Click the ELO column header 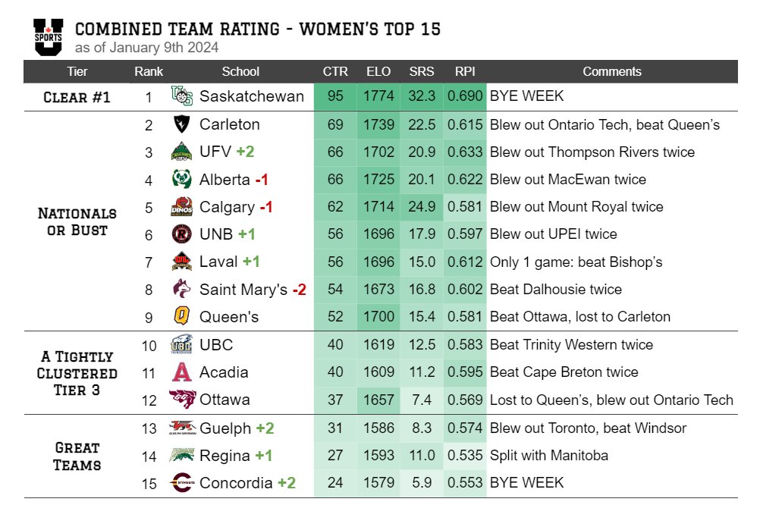click(378, 71)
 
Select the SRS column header click(422, 71)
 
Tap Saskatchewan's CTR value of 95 click(335, 97)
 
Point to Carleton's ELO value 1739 click(378, 124)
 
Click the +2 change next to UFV click(245, 152)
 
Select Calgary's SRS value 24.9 click(422, 207)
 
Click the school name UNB click(216, 234)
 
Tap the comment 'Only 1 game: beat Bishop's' click(576, 262)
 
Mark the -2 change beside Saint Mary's click(299, 289)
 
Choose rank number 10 click(149, 345)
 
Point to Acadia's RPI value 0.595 click(464, 372)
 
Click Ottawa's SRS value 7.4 click(422, 400)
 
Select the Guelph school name click(225, 428)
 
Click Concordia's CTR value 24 click(335, 483)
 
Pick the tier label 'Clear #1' click(77, 97)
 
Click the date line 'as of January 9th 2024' click(146, 48)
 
